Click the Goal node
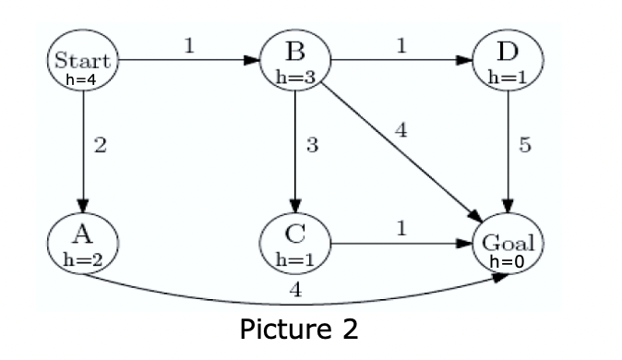[508, 246]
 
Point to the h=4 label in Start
[83, 79]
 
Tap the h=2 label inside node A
[83, 259]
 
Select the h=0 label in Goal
[507, 261]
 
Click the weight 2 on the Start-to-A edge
[102, 146]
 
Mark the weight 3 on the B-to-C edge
[313, 146]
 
